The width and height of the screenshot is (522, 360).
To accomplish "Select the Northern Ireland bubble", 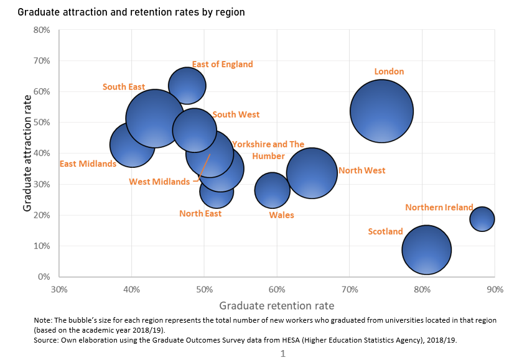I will pos(482,218).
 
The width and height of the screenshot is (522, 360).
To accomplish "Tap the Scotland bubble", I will pos(426,249).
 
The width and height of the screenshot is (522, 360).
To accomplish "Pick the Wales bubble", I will pos(273,190).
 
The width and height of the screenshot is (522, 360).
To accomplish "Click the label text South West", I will pos(236,114).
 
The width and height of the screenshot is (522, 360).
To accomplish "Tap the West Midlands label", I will pos(159,182).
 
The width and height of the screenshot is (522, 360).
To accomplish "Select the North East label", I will pos(200,214).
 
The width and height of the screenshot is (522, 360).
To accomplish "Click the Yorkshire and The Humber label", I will pos(268,150).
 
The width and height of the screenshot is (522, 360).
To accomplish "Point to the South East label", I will pos(124,87).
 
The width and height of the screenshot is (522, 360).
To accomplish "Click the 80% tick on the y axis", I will pos(42,30).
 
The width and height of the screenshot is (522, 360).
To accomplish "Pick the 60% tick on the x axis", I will pos(277,290).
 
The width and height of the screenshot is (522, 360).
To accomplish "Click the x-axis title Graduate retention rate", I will pos(277,306).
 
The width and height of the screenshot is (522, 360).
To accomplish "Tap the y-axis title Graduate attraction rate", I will pos(27,152).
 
